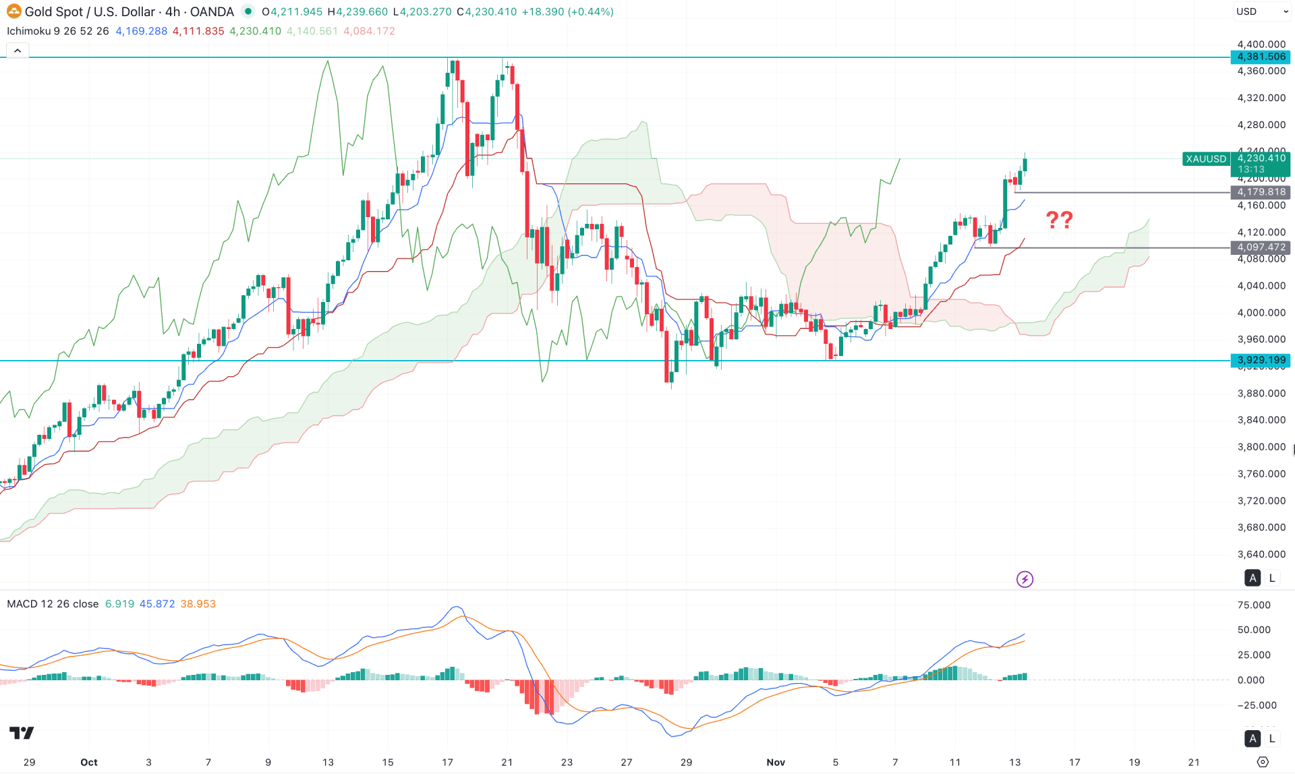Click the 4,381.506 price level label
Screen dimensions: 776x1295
pos(1261,57)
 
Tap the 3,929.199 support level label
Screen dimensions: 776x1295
pos(1261,361)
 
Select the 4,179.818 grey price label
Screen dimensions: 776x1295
pos(1261,192)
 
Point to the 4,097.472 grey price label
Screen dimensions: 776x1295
pos(1261,247)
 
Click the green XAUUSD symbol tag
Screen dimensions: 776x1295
pos(1206,159)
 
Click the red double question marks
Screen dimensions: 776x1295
pos(1059,220)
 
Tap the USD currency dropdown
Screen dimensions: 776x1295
pos(1261,11)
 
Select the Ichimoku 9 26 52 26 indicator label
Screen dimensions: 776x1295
pos(58,31)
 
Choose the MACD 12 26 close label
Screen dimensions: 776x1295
pos(53,604)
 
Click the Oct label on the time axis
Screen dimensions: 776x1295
pos(89,763)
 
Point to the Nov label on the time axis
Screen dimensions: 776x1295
pos(776,763)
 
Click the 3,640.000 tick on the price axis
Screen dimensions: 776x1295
pos(1261,554)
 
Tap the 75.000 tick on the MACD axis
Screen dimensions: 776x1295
pos(1254,605)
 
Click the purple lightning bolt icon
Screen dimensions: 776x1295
pos(1025,579)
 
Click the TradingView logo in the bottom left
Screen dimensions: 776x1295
pos(22,733)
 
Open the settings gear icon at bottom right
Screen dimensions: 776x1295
pos(1263,762)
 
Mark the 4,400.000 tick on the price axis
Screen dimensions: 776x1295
pos(1261,44)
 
